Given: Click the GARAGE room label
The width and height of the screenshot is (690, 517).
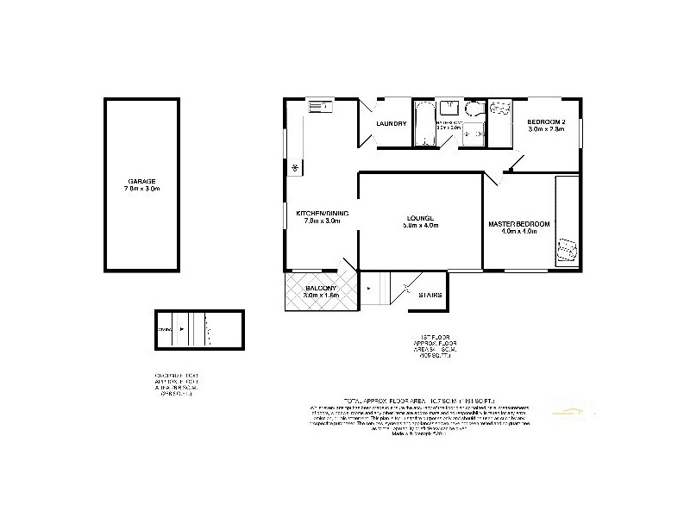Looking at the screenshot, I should point(143,181).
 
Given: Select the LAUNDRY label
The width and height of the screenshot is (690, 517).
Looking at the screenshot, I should point(391,124).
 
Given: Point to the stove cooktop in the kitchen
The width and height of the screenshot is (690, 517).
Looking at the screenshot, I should point(294,166).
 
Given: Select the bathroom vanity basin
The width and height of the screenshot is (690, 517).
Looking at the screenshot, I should point(449,108).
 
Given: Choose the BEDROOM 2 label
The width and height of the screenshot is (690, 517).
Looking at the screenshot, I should point(547,122).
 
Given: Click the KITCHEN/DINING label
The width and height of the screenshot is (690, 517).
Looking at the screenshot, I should point(321,213).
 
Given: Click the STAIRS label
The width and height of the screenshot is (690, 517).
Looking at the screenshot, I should point(431,296).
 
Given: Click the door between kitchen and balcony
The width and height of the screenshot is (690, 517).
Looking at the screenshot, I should point(346,265).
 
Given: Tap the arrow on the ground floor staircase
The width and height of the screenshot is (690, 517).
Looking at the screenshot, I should point(182,329).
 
